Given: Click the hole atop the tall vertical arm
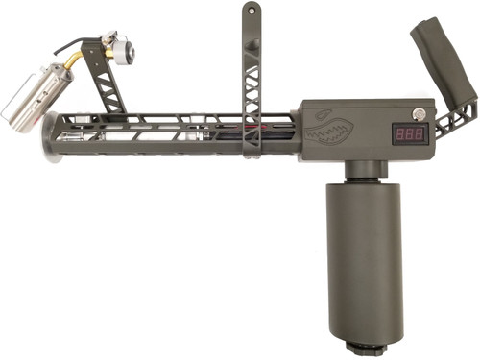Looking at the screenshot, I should click(x=252, y=12).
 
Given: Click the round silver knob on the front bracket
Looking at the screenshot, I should click(x=123, y=52).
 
